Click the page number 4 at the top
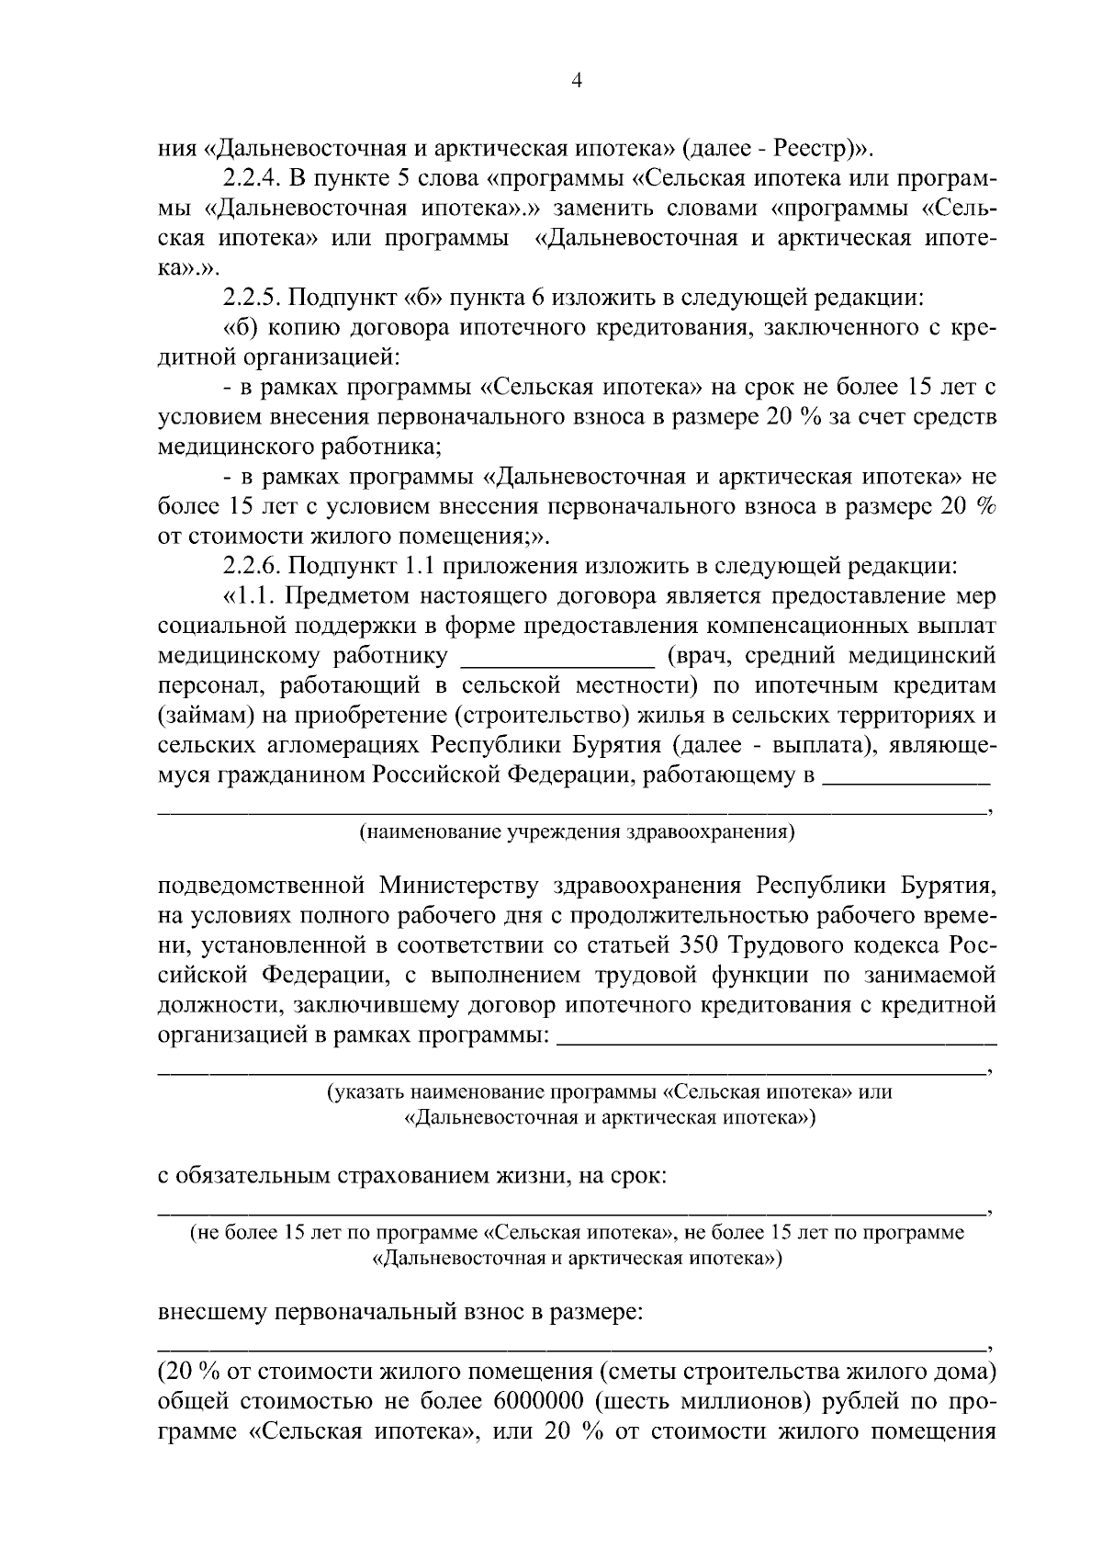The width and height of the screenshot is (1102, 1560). click(576, 81)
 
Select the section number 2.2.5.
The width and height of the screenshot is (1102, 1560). click(253, 297)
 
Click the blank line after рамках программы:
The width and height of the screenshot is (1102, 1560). click(777, 1038)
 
